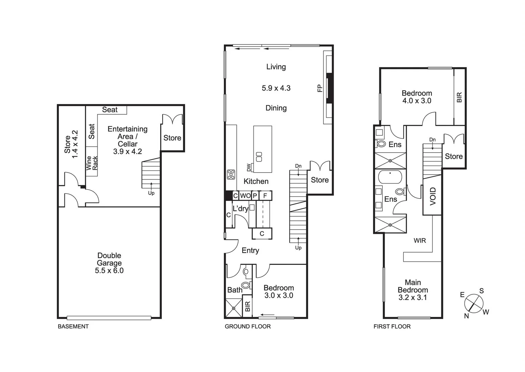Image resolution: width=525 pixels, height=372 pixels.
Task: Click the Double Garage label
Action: (109, 263)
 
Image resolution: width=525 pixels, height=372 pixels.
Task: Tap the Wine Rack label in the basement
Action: (92, 163)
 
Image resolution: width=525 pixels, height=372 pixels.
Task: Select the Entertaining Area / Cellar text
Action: (127, 140)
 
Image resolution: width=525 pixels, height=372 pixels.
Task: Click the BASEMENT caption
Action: (73, 327)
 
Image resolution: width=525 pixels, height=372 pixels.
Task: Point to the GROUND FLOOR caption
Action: (248, 327)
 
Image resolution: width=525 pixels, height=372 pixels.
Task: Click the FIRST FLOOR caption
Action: (392, 327)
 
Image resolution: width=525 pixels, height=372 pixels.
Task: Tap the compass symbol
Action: (474, 303)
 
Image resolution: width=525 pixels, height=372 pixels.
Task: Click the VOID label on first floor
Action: (433, 196)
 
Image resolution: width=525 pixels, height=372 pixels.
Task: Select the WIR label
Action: (420, 241)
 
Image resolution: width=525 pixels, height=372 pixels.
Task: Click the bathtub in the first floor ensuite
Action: (390, 177)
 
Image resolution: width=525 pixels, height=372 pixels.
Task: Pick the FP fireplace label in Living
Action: (320, 88)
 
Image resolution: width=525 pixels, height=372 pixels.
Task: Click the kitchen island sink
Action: (259, 157)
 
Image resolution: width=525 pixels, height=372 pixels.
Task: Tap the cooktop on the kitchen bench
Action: (231, 175)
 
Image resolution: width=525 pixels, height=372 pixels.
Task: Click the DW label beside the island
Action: (249, 167)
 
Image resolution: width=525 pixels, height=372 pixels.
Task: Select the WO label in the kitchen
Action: (245, 196)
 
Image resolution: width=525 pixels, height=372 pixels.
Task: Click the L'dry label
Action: (240, 209)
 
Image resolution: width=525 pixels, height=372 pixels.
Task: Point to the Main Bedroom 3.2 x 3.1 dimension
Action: (413, 298)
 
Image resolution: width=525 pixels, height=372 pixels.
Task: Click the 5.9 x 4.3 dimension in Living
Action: (276, 88)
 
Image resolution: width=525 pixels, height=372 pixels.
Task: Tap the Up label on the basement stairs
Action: (151, 193)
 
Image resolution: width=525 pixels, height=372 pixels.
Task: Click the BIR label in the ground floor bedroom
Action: (248, 307)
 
